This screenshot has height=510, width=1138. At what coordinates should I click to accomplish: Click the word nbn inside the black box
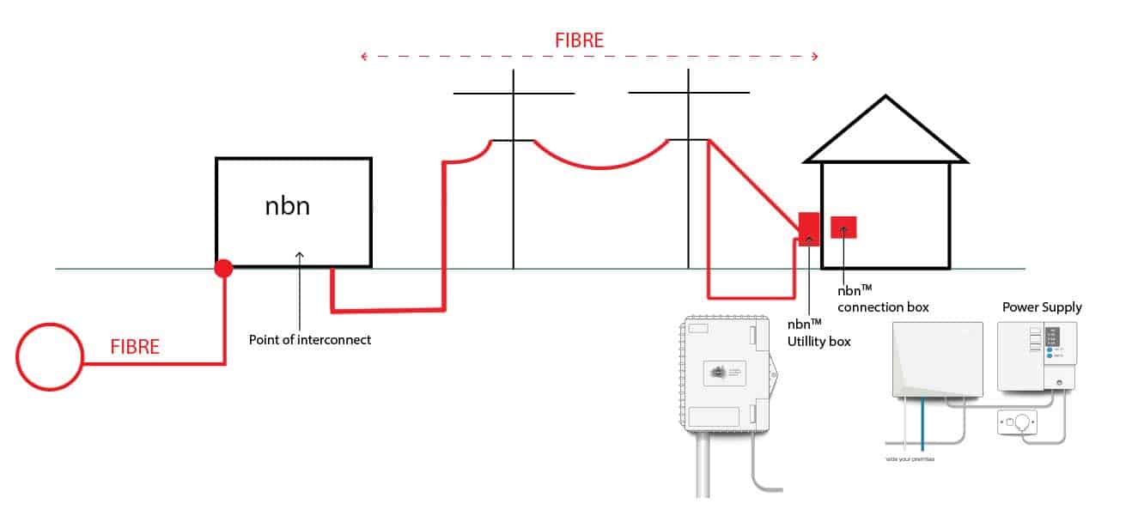(288, 207)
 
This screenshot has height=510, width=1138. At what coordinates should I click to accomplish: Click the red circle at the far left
(50, 356)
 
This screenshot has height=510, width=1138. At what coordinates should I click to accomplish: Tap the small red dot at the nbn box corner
(223, 269)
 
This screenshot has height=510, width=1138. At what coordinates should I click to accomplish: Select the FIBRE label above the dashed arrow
(578, 39)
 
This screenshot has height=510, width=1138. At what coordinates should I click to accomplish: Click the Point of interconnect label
(310, 339)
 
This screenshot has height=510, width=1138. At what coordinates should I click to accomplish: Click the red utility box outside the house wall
(809, 228)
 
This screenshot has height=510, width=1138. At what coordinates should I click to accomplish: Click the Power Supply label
(1042, 307)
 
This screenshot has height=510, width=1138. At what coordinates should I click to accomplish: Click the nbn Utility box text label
(819, 333)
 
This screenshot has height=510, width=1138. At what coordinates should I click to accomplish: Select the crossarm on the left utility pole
(514, 93)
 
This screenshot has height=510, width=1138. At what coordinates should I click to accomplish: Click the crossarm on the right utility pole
(688, 92)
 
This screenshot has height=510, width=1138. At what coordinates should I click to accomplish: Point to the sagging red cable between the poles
(601, 167)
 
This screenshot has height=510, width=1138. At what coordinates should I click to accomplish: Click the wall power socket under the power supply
(1017, 422)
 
